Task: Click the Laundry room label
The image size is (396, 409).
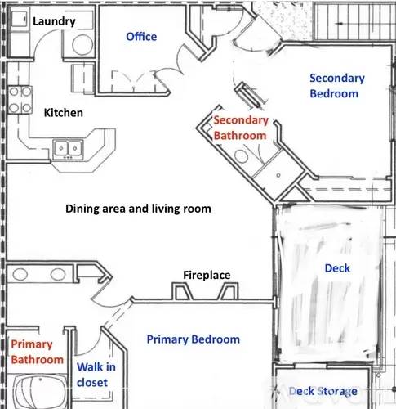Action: [x=54, y=21]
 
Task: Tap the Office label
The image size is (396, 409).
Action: [x=141, y=37]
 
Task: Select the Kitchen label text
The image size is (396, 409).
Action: [x=64, y=113]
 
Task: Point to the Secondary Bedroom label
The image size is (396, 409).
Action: [x=337, y=86]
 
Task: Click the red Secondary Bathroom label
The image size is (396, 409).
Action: [x=241, y=128]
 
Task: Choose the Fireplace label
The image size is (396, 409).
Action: [x=207, y=275]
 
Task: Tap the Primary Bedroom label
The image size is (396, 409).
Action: [x=194, y=339]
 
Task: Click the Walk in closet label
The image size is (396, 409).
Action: [x=96, y=375]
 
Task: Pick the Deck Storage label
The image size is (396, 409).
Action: [x=323, y=391]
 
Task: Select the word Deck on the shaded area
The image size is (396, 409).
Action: [x=337, y=268]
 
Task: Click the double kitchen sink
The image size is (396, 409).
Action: [x=68, y=149]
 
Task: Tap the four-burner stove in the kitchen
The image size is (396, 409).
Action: [x=20, y=100]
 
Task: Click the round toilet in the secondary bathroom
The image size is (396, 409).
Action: [x=241, y=156]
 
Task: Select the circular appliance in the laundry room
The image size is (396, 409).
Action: [x=82, y=45]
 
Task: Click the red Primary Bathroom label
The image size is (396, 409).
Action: [x=37, y=352]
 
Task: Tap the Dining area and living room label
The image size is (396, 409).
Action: [x=138, y=209]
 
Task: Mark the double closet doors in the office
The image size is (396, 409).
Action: [x=134, y=81]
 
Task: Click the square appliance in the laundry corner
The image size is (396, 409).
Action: [x=19, y=19]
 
